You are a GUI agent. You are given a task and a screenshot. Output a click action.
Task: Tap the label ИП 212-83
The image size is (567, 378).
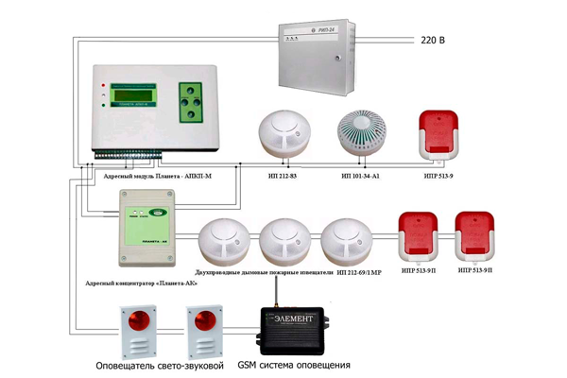[282, 176]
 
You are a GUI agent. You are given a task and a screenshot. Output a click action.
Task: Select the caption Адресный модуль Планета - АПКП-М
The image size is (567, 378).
[153, 176]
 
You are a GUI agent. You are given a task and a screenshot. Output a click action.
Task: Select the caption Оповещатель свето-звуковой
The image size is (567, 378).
[160, 365]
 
